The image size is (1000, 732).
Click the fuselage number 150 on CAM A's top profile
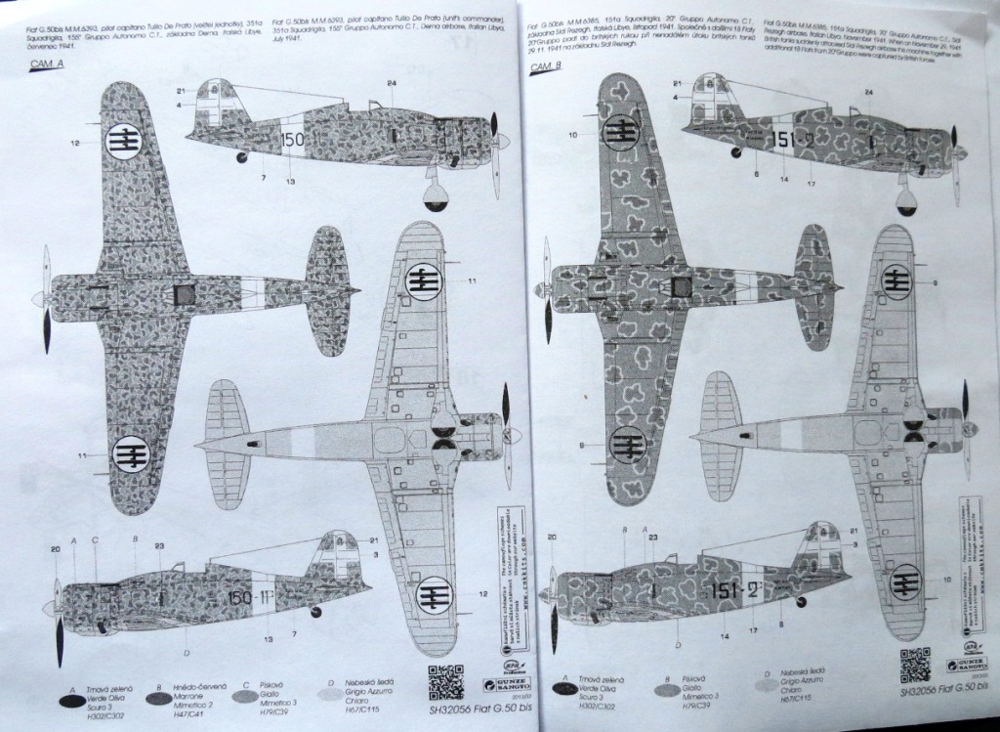click(292, 139)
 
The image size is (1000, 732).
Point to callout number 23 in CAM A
click(158, 547)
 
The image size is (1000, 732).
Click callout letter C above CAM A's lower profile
click(96, 539)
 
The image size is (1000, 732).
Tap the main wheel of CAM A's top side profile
click(437, 195)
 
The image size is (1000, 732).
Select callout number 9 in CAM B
click(935, 283)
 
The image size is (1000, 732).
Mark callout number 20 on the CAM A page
click(55, 550)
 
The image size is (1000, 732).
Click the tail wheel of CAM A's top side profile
click(241, 157)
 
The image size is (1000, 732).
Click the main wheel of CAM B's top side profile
click(906, 200)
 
